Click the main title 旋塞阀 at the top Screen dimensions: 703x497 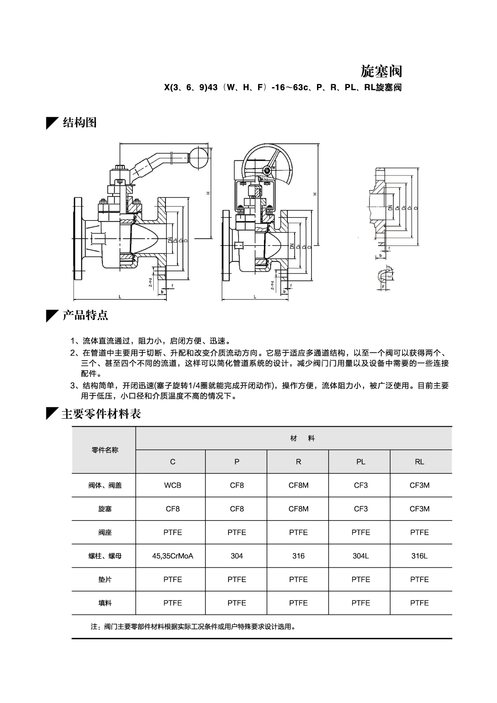(381, 71)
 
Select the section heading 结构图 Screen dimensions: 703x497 (79, 122)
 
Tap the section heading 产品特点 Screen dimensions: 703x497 (85, 315)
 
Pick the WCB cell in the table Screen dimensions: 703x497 (172, 485)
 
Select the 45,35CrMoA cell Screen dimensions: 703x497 (172, 556)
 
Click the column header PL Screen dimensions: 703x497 (360, 462)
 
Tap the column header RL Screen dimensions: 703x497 (419, 462)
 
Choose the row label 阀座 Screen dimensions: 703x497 (104, 532)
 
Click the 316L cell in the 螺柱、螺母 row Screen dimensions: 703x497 (419, 556)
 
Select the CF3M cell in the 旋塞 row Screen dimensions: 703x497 (419, 508)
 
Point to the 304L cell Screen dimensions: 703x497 (360, 556)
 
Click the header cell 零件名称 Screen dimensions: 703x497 (104, 450)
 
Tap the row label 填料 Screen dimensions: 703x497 (104, 603)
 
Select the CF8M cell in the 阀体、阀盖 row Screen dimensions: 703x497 (298, 485)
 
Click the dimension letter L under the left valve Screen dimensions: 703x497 (120, 297)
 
